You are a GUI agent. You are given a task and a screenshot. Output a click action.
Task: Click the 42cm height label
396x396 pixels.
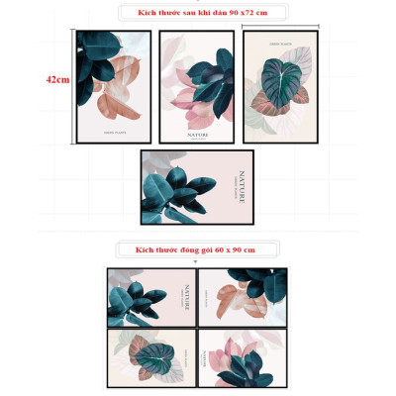(x=57, y=80)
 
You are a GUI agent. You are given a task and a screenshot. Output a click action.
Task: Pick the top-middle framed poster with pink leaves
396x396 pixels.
(x=196, y=86)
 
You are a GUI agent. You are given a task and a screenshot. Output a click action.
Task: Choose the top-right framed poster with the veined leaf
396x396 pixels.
(x=280, y=86)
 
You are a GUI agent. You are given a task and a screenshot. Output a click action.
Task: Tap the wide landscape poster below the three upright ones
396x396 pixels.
(x=197, y=187)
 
